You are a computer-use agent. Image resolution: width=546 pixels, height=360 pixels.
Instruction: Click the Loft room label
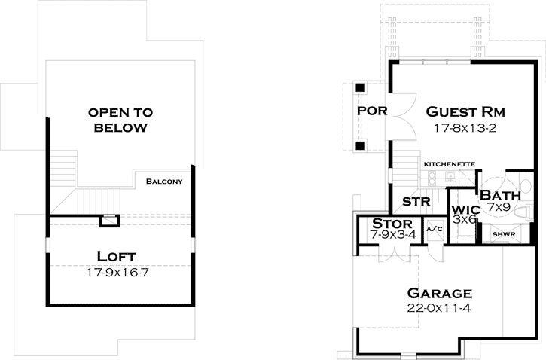120,256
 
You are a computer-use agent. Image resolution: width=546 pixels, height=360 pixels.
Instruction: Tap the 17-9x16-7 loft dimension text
120,272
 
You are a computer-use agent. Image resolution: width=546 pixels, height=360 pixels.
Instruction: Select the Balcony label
165,182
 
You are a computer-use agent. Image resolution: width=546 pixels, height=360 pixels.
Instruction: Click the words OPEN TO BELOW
120,120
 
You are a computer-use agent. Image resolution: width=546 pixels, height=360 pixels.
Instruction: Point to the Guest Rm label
465,111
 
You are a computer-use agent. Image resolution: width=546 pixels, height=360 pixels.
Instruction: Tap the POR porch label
372,111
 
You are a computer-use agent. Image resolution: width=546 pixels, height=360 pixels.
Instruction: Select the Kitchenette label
449,163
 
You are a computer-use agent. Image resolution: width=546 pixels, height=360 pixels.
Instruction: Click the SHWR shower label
503,233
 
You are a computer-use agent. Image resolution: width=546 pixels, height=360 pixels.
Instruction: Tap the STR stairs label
416,202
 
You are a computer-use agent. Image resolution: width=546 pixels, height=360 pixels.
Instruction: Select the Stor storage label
392,224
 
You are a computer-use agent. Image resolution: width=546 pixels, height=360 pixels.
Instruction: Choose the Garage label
440,293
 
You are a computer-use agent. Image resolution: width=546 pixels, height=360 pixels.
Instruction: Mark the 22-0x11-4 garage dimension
440,308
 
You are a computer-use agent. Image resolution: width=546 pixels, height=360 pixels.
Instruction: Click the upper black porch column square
360,87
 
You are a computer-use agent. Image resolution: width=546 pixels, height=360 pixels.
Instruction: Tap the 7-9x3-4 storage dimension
392,235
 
